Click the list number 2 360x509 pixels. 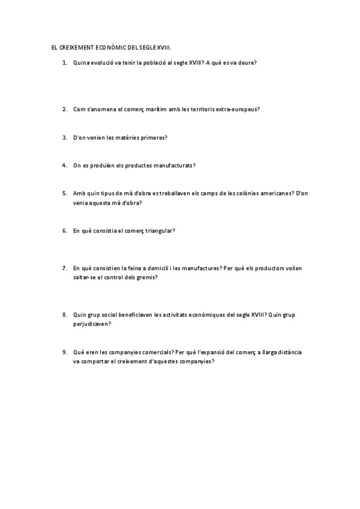pos(64,109)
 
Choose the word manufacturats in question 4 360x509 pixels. pos(174,165)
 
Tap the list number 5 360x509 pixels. pos(64,193)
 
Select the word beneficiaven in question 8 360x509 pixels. pos(135,315)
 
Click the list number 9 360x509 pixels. pos(64,352)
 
